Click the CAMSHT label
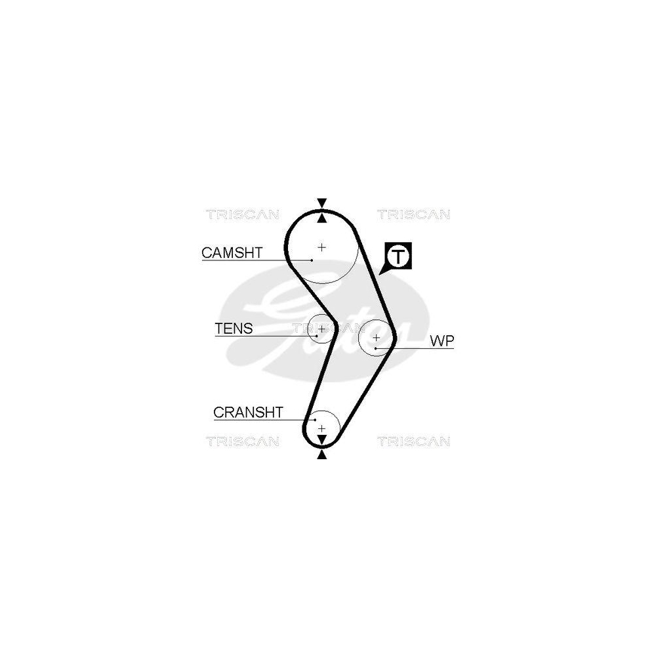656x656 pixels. click(x=232, y=253)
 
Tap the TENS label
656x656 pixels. click(x=234, y=329)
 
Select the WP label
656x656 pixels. click(x=441, y=341)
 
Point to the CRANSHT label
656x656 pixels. click(x=248, y=413)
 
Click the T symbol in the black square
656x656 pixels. click(x=398, y=256)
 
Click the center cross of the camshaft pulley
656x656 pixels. click(x=321, y=247)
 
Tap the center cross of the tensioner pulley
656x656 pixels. click(x=321, y=329)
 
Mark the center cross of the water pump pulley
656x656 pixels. click(x=376, y=337)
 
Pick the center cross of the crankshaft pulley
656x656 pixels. click(x=321, y=428)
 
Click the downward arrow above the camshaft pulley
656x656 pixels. click(x=321, y=203)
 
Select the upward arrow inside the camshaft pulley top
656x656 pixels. click(x=321, y=218)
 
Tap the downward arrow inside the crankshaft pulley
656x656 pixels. click(x=321, y=440)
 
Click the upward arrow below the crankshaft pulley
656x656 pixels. click(x=321, y=455)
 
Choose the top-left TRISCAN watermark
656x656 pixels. click(x=243, y=215)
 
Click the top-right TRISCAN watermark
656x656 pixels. click(x=414, y=215)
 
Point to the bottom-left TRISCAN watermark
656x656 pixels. click(x=243, y=441)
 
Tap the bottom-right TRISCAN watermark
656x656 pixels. click(x=414, y=441)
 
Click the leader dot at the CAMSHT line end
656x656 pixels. click(x=312, y=260)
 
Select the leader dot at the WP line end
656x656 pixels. click(x=376, y=348)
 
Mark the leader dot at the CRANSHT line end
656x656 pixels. click(x=315, y=420)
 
